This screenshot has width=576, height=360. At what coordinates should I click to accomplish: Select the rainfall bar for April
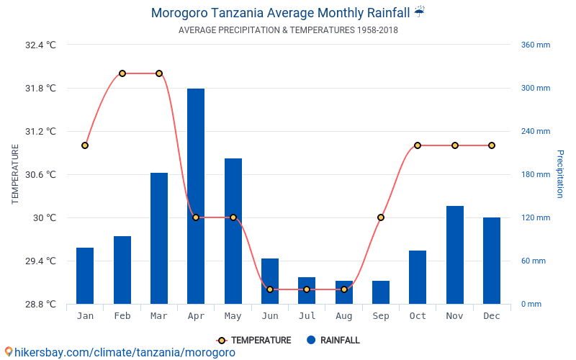[x=196, y=196]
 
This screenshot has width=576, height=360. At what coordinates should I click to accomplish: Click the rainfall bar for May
[x=233, y=231]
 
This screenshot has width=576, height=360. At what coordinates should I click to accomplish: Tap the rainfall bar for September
[x=381, y=292]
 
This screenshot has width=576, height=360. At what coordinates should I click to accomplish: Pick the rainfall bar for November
[x=454, y=255]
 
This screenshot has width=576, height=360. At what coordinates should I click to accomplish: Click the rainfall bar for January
[x=85, y=276]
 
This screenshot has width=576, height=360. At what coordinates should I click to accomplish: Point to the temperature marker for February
[x=122, y=73]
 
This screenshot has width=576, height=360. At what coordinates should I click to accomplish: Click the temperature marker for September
[x=381, y=217]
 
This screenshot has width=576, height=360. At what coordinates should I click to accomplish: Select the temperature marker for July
[x=307, y=289]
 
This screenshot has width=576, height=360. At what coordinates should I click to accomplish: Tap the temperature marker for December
[x=492, y=145]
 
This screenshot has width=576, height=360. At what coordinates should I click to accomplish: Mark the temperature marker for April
[x=196, y=217]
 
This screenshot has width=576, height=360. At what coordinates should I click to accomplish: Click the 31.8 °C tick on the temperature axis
[x=40, y=89]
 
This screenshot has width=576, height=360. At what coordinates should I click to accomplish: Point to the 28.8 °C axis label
[x=40, y=305]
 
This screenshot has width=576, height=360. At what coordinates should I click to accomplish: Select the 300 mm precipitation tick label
[x=535, y=89]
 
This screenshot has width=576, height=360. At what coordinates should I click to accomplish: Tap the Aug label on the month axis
[x=343, y=316]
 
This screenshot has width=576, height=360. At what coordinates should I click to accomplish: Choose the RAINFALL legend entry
[x=333, y=341]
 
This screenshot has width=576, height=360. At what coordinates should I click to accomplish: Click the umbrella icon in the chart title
[x=420, y=12]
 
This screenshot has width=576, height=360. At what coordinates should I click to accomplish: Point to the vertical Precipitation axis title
[x=559, y=174]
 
